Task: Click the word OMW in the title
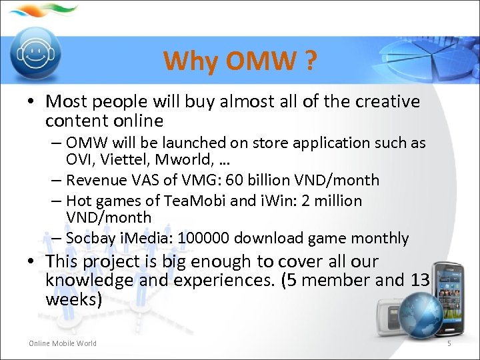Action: coord(261,61)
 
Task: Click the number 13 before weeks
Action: coord(419,281)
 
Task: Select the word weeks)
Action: coord(73,299)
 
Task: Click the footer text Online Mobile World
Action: coord(62,343)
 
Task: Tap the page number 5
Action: coord(449,343)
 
